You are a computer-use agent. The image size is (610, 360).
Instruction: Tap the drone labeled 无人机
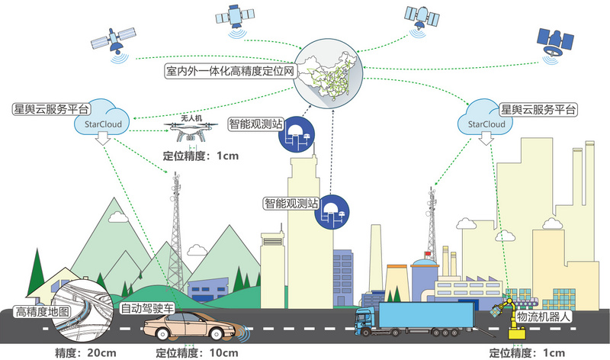click(x=191, y=131)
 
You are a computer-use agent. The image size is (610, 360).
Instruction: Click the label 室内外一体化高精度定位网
click(x=230, y=71)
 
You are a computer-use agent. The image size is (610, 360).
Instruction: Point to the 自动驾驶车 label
click(x=147, y=309)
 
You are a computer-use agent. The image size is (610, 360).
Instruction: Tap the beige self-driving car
click(x=189, y=326)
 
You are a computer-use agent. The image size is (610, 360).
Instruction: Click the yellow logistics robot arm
click(x=510, y=317)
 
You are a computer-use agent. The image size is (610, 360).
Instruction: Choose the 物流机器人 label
click(x=543, y=317)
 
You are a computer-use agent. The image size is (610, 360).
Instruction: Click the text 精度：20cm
click(x=85, y=353)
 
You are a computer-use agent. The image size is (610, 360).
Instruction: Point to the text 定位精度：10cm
click(x=197, y=353)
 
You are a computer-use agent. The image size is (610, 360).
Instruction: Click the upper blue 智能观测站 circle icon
click(x=297, y=134)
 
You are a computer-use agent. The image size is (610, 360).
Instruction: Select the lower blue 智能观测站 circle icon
click(x=332, y=213)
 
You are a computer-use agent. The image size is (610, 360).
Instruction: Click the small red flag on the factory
click(x=428, y=254)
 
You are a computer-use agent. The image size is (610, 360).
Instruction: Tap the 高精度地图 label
click(x=43, y=312)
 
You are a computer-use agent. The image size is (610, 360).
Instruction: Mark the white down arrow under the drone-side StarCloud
click(x=103, y=138)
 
